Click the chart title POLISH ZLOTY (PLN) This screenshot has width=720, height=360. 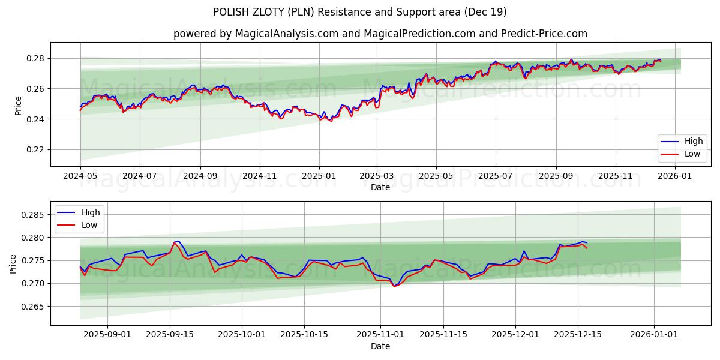tap(359, 12)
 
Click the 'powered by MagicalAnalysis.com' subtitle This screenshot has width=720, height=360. tap(380, 34)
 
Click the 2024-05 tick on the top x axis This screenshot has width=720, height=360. tap(80, 176)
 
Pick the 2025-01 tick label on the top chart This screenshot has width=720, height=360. tap(319, 176)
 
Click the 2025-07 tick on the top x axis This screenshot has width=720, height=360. tap(496, 176)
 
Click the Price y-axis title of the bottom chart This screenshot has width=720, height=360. tap(13, 263)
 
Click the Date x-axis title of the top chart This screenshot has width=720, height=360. tap(380, 187)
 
